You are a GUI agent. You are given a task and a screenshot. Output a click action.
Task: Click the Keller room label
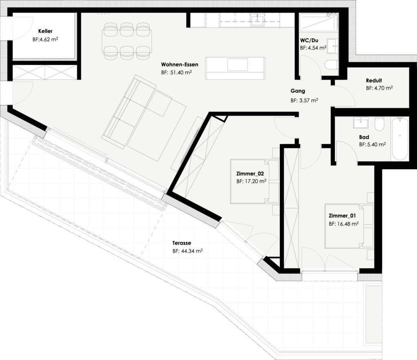coord(45,31)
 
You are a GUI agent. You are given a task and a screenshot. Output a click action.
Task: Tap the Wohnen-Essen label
coord(180,65)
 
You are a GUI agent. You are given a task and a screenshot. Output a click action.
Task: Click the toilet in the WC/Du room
coord(331,65)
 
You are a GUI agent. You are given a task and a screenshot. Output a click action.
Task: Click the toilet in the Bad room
coord(380,124)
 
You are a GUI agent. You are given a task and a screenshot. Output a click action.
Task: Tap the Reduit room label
coord(374,81)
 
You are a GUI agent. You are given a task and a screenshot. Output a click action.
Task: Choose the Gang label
coord(298,91)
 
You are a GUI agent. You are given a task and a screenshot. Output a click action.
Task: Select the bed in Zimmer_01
coord(348,226)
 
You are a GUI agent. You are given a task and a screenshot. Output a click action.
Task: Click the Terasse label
coord(182,243)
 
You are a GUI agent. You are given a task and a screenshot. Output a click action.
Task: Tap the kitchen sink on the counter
coord(257,20)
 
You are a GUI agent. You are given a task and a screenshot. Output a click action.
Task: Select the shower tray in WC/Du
coord(318,22)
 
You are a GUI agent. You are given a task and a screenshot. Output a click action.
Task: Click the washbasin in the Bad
coord(361,122)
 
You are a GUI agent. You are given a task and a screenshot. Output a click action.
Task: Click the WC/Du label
coord(309,40)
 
